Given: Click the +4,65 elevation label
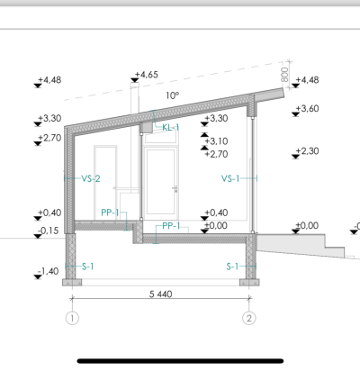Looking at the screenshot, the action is (x=147, y=75).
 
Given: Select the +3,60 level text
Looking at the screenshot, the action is (x=307, y=108).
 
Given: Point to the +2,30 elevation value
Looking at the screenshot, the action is (x=307, y=150).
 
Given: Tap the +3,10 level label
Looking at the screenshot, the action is (x=216, y=141).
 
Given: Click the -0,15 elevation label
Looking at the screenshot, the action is (x=49, y=231).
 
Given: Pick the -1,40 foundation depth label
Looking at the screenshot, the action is (x=49, y=271).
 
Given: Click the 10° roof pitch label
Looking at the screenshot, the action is (x=173, y=95).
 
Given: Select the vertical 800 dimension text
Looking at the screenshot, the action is (x=284, y=74).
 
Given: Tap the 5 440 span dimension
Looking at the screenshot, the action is (x=161, y=294).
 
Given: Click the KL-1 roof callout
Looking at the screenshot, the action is (x=171, y=128).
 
